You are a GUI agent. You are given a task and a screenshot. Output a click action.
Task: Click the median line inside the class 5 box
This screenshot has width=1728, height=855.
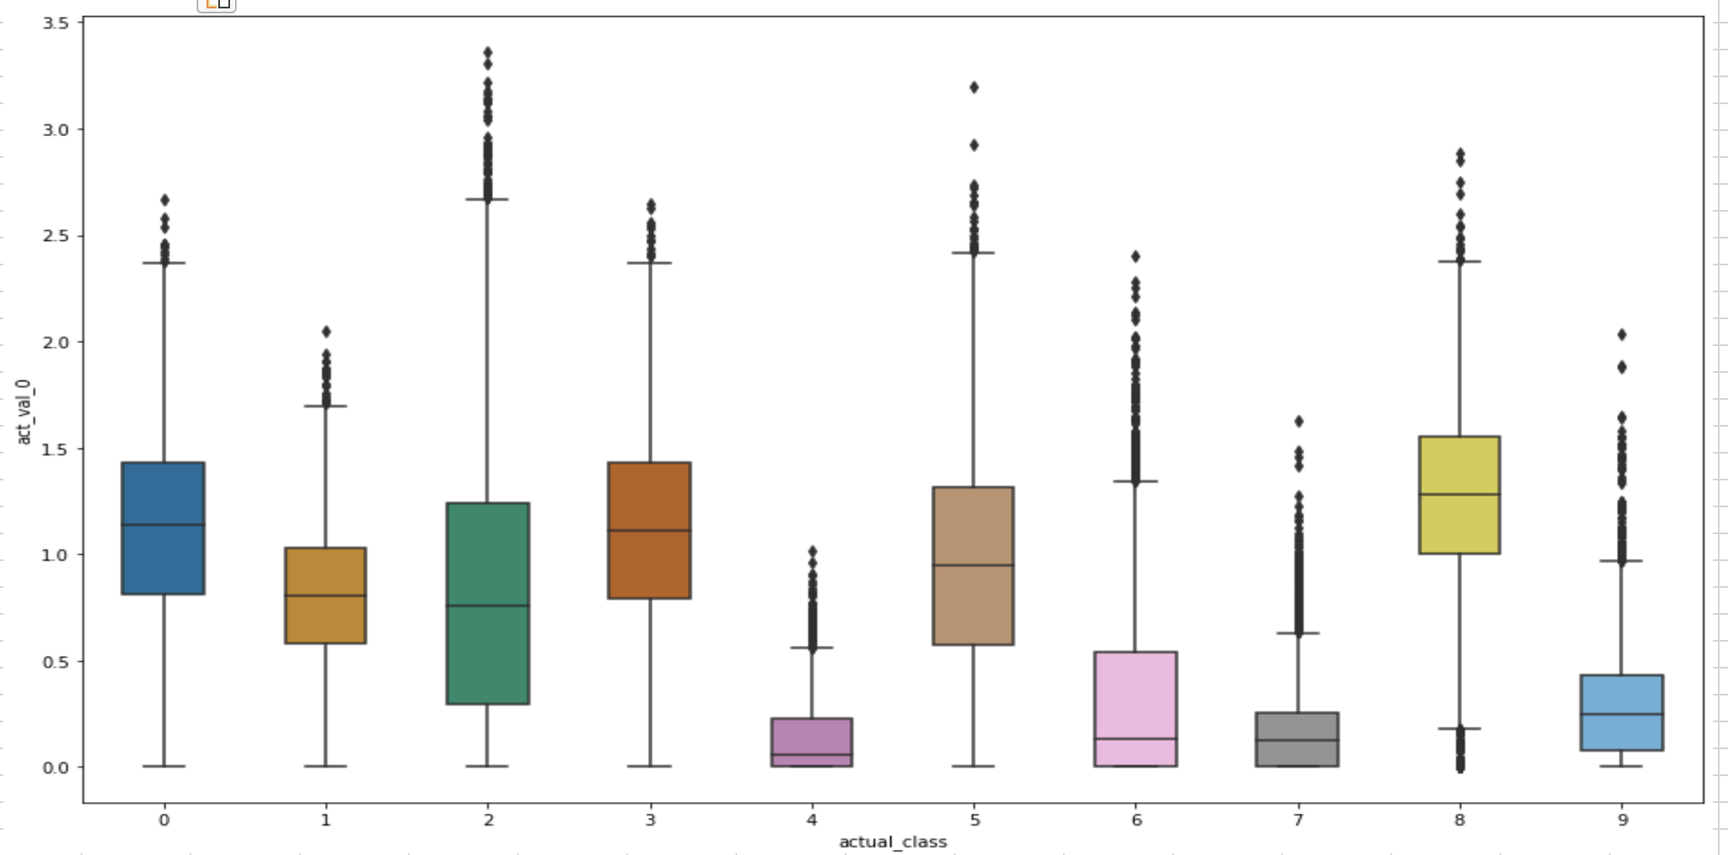click(x=973, y=565)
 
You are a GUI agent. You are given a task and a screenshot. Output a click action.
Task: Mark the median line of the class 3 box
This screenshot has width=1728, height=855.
click(x=649, y=530)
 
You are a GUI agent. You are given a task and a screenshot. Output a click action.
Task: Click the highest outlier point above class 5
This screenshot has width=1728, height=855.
click(x=974, y=87)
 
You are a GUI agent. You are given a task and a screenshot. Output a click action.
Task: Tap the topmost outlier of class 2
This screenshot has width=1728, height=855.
click(x=488, y=53)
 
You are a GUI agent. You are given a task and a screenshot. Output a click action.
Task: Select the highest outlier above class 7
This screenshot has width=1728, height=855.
click(x=1299, y=421)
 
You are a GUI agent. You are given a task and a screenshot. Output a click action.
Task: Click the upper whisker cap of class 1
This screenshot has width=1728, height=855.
click(x=326, y=406)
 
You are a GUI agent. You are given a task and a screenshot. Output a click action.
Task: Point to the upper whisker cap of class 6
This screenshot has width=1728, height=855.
click(x=1135, y=481)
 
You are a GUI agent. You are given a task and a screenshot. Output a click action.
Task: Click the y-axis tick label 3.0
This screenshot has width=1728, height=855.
click(x=55, y=130)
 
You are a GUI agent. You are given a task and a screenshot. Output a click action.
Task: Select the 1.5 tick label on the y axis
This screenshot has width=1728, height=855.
click(x=55, y=449)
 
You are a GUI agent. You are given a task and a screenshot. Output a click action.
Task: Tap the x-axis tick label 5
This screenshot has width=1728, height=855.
click(x=974, y=820)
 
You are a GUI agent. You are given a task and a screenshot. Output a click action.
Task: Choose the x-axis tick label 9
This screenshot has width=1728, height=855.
click(x=1622, y=820)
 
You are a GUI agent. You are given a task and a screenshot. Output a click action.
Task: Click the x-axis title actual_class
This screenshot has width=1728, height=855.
click(x=893, y=842)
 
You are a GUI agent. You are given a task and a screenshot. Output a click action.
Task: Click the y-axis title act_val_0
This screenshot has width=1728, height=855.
click(x=24, y=412)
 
